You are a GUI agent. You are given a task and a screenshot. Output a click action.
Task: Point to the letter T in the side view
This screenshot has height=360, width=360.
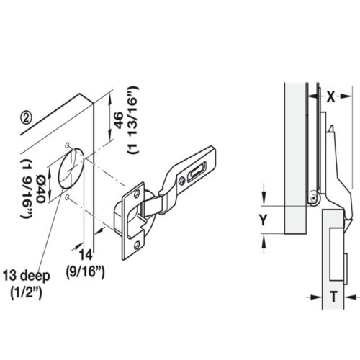333,297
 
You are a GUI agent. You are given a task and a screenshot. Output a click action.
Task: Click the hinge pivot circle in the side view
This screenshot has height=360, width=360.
312,196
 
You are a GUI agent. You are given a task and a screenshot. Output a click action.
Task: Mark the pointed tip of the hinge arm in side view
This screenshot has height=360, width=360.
330,127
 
